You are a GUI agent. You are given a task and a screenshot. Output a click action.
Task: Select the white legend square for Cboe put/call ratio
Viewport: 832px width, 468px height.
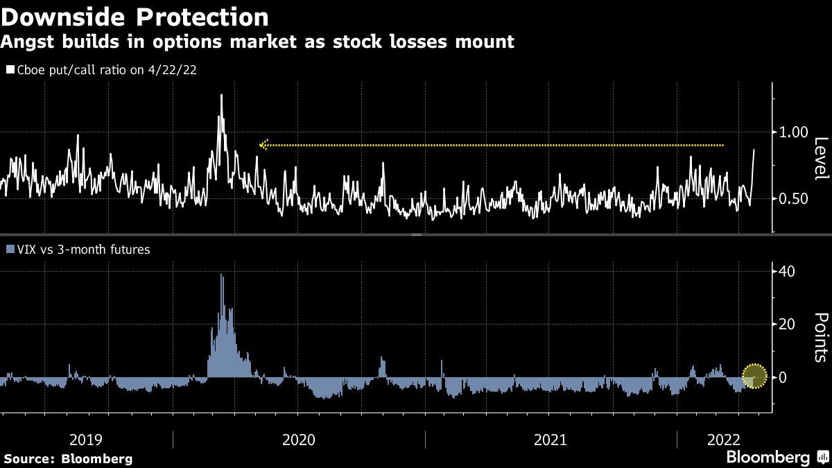(10, 70)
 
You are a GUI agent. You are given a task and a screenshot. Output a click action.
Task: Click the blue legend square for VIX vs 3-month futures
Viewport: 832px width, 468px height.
(10, 249)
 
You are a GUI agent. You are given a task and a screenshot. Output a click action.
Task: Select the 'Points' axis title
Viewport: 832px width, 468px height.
(820, 338)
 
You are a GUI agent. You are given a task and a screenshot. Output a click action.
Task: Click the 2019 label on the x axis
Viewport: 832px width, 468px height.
(87, 440)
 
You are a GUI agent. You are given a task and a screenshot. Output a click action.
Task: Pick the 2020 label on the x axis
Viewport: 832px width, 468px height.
(298, 440)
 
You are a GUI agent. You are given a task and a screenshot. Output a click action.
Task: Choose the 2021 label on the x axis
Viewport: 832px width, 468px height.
(551, 440)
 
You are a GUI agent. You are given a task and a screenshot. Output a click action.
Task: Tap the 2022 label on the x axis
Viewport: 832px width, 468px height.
(724, 440)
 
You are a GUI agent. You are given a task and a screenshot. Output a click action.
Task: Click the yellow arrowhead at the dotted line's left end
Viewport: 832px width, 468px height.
(263, 145)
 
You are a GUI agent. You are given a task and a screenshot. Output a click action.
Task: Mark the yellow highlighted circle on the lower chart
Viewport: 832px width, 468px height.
(754, 376)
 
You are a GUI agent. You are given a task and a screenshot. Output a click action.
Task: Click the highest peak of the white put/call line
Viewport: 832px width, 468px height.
(221, 95)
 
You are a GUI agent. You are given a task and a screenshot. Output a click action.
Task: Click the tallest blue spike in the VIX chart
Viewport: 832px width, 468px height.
(221, 275)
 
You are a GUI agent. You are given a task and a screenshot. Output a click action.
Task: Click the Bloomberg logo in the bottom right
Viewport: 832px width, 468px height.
(768, 458)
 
